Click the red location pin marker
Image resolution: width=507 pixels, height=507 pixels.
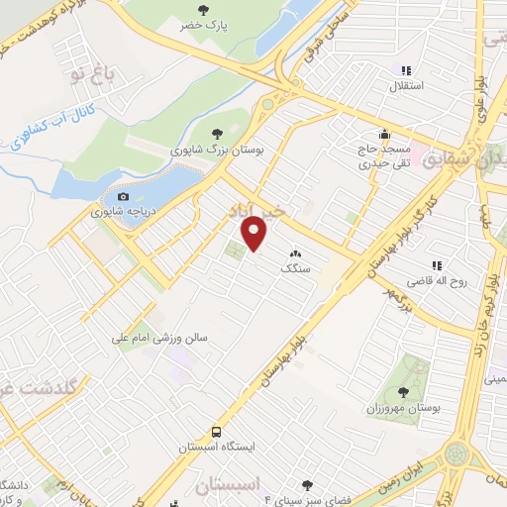(255, 235)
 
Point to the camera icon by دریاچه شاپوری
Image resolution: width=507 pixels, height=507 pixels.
(124, 196)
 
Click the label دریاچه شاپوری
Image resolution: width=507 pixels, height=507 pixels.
(124, 212)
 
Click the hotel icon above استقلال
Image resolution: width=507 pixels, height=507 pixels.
(405, 70)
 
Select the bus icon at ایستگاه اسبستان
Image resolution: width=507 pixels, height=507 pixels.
(216, 432)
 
